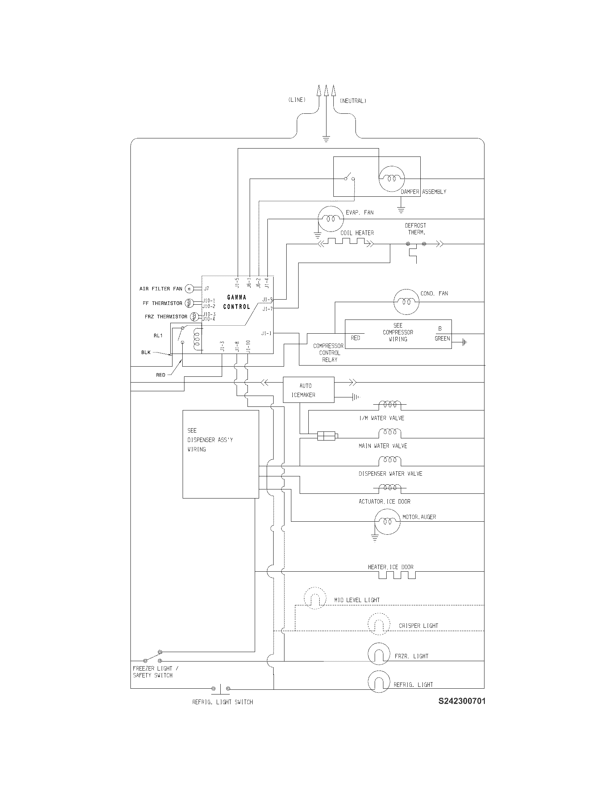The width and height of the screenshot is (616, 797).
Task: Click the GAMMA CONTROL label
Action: coord(237,302)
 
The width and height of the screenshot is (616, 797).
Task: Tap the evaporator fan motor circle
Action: coord(331,218)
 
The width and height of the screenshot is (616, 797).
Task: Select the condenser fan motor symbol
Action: coord(407,302)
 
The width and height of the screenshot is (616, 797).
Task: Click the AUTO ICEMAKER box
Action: coord(308,390)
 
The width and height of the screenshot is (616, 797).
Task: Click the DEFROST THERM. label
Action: coord(415,229)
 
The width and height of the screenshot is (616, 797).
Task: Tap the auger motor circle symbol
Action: coord(388,521)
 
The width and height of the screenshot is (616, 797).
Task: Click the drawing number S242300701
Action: coord(462,701)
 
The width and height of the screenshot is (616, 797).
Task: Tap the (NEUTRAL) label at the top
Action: coord(353,101)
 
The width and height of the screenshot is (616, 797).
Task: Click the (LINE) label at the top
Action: coord(297,100)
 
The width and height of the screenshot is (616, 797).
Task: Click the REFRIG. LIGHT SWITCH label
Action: coord(222,702)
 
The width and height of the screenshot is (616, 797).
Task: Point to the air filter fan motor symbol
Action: coord(189,289)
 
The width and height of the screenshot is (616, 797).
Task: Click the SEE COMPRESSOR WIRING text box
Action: coord(398,333)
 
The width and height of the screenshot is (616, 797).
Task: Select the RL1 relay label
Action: coord(158,335)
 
